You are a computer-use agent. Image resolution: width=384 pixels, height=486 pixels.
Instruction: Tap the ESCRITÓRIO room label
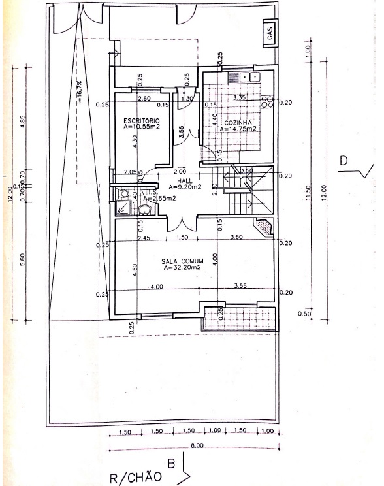tap(141, 120)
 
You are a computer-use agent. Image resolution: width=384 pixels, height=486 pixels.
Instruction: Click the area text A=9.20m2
tap(184, 186)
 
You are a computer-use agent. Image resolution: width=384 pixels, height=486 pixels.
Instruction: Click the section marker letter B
tap(172, 465)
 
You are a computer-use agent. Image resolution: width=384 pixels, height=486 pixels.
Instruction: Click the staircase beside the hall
tap(246, 191)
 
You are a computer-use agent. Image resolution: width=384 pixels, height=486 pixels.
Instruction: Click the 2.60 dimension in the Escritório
tap(145, 98)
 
